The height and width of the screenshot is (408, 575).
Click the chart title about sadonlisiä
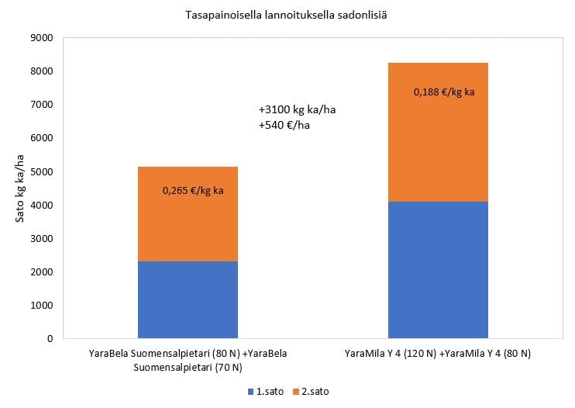click(287, 14)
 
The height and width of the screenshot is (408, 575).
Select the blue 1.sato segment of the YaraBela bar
click(188, 299)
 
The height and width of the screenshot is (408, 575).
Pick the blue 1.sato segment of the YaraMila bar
click(438, 270)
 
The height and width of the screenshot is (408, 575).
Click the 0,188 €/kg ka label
click(443, 92)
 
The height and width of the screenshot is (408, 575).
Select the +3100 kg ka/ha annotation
click(297, 110)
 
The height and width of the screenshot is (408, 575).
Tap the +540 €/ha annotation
click(284, 125)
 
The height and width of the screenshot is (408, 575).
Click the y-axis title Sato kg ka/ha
click(21, 188)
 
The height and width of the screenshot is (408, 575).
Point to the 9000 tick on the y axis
click(40, 38)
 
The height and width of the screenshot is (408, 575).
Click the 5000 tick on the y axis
click(40, 171)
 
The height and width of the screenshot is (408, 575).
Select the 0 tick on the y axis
click(48, 339)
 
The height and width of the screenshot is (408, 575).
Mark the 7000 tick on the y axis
click(40, 105)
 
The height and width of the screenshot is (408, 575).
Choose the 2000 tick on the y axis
click(40, 272)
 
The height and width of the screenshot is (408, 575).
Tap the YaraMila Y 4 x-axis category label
click(438, 354)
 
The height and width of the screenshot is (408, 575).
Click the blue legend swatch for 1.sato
click(250, 392)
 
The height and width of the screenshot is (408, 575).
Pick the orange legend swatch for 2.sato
click(297, 392)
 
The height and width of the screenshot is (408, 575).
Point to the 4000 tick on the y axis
click(40, 205)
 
